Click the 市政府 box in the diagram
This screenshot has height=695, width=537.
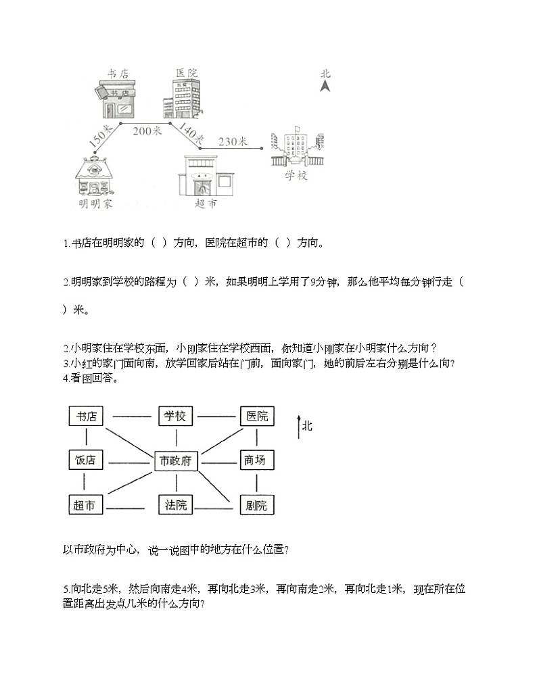pyautogui.click(x=176, y=461)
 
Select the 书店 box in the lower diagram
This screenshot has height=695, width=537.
pyautogui.click(x=86, y=416)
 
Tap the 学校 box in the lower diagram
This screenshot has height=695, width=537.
pyautogui.click(x=176, y=416)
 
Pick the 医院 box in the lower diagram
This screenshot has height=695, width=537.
pyautogui.click(x=257, y=416)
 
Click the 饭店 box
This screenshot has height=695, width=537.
pyautogui.click(x=86, y=461)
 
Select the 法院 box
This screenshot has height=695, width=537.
pyautogui.click(x=176, y=504)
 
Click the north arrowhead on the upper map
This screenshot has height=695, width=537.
pyautogui.click(x=325, y=86)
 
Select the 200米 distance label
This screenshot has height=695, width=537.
pyautogui.click(x=147, y=131)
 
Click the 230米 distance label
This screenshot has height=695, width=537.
pyautogui.click(x=233, y=141)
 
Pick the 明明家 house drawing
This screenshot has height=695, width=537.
pyautogui.click(x=95, y=176)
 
